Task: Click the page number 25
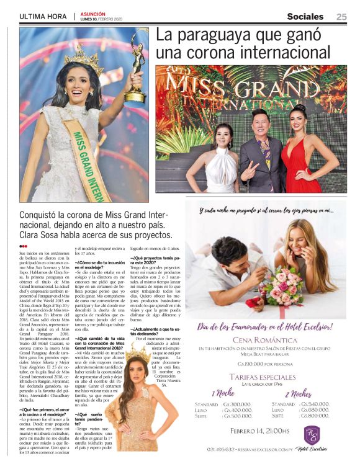coord(341,17)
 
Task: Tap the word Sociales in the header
coord(305,17)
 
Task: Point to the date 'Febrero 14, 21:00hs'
coord(259,431)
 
